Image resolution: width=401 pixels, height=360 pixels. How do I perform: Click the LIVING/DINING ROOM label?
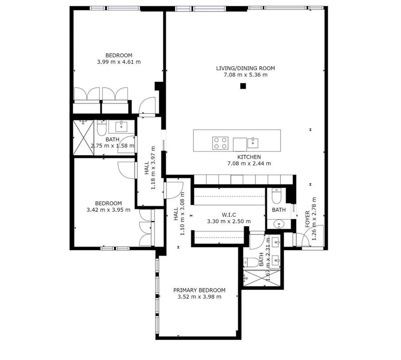point(245,68)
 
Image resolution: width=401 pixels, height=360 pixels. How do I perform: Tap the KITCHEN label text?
point(249,157)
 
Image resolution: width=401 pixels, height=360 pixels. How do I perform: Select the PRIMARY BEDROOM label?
point(199,290)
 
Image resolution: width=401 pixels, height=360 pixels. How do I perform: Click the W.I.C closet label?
point(229,215)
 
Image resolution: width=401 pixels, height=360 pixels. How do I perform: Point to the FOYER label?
point(307,219)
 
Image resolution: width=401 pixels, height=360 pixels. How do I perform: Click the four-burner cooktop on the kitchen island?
point(220,143)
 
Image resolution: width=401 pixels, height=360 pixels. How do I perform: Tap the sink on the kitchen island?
point(253,143)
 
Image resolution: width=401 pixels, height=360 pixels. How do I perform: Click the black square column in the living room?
point(243,86)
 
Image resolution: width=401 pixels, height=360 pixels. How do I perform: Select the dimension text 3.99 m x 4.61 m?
point(119,62)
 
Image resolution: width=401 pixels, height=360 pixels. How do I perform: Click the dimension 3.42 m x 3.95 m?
point(108,210)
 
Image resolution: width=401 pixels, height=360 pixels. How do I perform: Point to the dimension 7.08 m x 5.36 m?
point(245,75)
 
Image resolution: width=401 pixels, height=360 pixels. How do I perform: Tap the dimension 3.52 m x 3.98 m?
point(199,297)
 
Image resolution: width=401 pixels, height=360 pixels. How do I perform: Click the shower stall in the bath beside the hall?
point(83,138)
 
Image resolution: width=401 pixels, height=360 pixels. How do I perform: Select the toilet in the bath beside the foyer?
point(276,196)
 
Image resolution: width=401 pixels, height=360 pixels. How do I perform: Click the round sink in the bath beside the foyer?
point(279,224)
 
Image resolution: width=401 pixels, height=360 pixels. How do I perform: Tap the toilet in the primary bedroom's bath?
point(251,262)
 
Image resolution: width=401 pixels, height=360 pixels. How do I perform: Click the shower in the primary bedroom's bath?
point(262,278)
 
